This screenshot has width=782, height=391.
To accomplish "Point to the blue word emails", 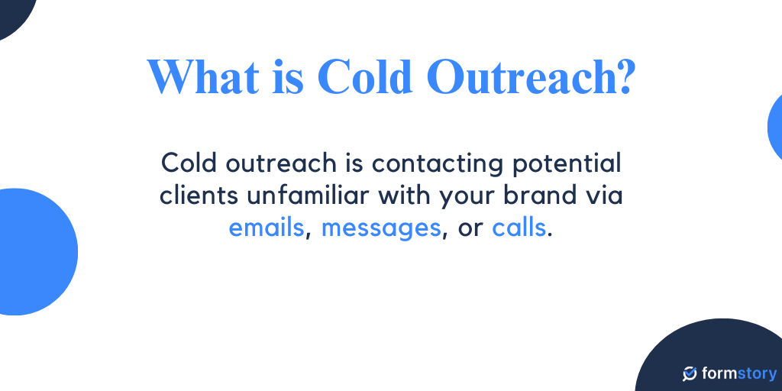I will click(x=267, y=228).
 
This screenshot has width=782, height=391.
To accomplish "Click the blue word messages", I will click(x=381, y=228).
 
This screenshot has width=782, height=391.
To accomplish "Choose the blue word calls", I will click(x=519, y=228).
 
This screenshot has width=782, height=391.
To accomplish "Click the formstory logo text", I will click(x=738, y=374).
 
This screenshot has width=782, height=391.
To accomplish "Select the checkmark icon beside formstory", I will click(x=690, y=374).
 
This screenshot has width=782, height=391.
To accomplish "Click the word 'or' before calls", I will click(x=468, y=228).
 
